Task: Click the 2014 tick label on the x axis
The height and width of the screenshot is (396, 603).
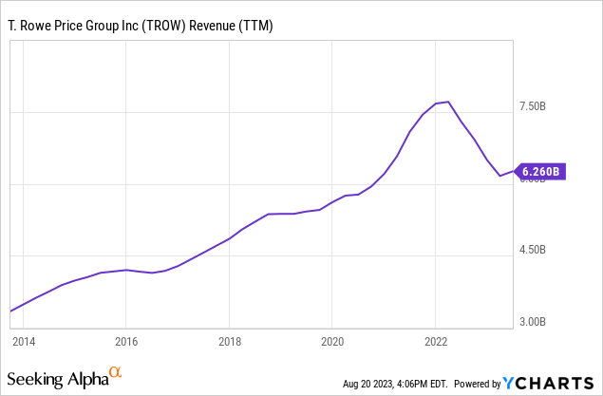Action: point(24,340)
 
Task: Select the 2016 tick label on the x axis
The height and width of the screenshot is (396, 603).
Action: point(126,340)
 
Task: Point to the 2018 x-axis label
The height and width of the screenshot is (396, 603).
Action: point(229,340)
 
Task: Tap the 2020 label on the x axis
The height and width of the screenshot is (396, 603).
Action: point(332,340)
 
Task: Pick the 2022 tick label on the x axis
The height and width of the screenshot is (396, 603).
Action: point(435,340)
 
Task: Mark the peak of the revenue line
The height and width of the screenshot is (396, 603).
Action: point(447,102)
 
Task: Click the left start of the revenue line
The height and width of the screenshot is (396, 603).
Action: point(10,311)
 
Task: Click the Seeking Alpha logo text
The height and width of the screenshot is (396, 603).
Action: point(60,380)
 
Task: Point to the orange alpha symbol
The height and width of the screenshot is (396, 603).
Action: point(116,373)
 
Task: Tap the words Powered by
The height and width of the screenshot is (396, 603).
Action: point(477,384)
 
